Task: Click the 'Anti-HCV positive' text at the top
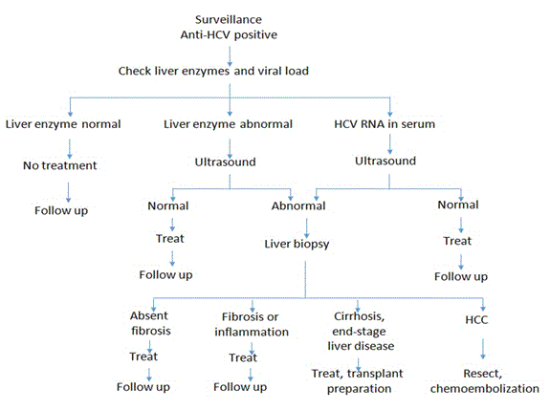pos(229,34)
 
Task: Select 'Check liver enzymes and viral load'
pos(213,71)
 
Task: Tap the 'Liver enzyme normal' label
pos(63,124)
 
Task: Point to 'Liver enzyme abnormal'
pos(228,124)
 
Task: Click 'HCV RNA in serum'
pos(385,124)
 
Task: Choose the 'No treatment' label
pos(60,165)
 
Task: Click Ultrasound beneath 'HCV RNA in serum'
pos(385,161)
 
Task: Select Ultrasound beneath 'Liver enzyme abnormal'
pos(225,162)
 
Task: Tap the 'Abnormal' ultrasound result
pos(298,205)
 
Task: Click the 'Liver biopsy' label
pos(297,245)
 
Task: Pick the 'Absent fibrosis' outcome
pos(150,323)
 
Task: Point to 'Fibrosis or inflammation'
pos(252,324)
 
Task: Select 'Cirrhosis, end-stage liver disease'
pos(361,331)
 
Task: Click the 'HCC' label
pos(476,319)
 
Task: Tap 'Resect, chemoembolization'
pos(485,381)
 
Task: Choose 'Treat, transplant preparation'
pos(358,381)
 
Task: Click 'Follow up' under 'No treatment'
pos(61,210)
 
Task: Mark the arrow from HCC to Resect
pos(483,349)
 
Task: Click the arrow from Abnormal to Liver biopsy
pos(307,228)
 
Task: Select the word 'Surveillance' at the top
pos(229,20)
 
